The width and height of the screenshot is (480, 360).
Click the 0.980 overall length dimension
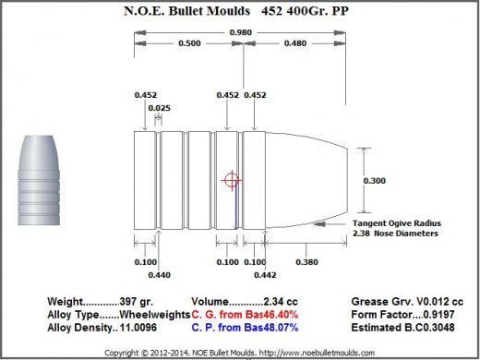point(241,32)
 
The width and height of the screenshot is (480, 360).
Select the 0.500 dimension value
point(189,43)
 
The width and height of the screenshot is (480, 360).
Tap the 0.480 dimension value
point(295,43)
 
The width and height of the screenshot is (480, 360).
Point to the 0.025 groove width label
point(159,108)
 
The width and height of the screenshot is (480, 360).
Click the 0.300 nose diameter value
point(375,181)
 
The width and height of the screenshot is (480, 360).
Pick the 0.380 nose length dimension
point(306,262)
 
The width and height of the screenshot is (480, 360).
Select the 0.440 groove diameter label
point(160,275)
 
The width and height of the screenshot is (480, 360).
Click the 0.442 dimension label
point(265,275)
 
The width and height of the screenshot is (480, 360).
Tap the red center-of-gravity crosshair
point(232,180)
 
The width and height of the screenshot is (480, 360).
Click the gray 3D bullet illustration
point(39,180)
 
